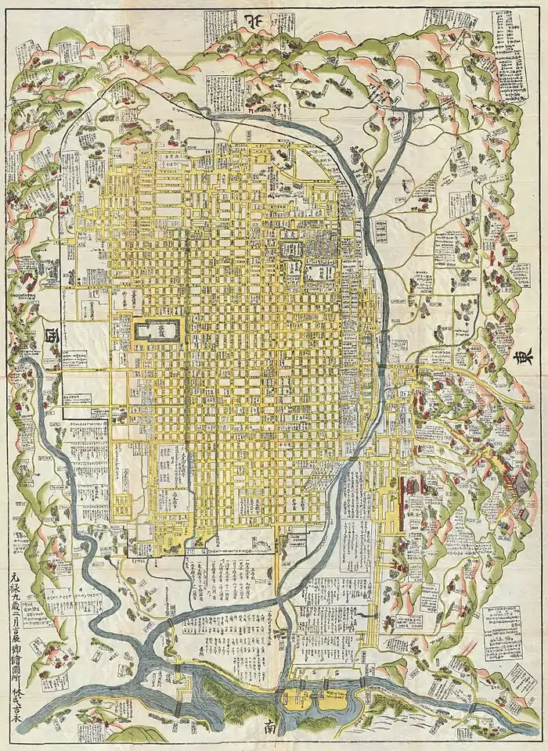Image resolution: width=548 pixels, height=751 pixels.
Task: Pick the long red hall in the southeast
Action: click(405, 501)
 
